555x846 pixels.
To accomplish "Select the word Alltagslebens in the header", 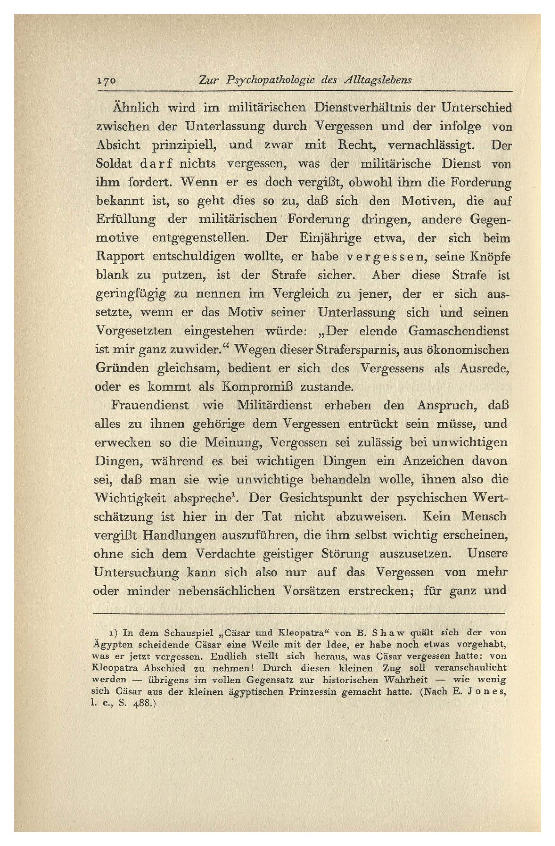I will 378,80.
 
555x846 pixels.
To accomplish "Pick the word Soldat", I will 114,164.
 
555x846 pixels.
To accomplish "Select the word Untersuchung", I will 136,572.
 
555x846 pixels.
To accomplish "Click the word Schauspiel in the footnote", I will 185,632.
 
